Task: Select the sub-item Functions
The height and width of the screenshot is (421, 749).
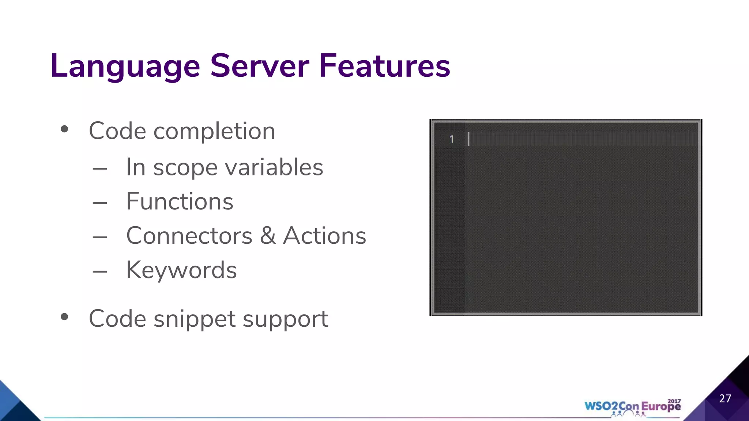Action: [x=180, y=201]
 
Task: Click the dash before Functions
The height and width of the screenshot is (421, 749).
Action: [x=100, y=203]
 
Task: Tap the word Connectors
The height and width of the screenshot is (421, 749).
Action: [x=189, y=236]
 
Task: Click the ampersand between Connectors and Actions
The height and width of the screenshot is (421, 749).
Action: [x=268, y=236]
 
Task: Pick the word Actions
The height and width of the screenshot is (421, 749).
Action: [x=324, y=236]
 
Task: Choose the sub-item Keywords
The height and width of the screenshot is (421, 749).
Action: [x=181, y=270]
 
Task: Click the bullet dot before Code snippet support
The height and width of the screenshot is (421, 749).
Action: [x=65, y=317]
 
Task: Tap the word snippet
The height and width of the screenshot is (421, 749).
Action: [x=195, y=319]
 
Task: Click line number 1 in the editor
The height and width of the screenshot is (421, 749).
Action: [x=452, y=139]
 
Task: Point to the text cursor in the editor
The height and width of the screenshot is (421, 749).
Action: [x=468, y=139]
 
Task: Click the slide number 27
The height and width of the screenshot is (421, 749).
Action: [x=725, y=398]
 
